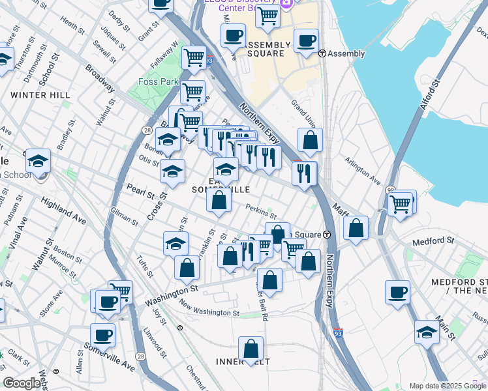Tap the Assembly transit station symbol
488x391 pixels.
point(322,53)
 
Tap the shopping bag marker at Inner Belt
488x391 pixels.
point(251,349)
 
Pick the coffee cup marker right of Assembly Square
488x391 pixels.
point(305,42)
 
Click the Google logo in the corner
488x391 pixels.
point(21,383)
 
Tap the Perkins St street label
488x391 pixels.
point(261,211)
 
